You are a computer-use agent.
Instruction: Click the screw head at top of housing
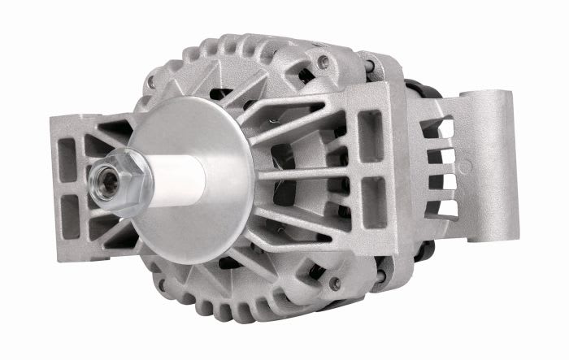pyautogui.click(x=324, y=61)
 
